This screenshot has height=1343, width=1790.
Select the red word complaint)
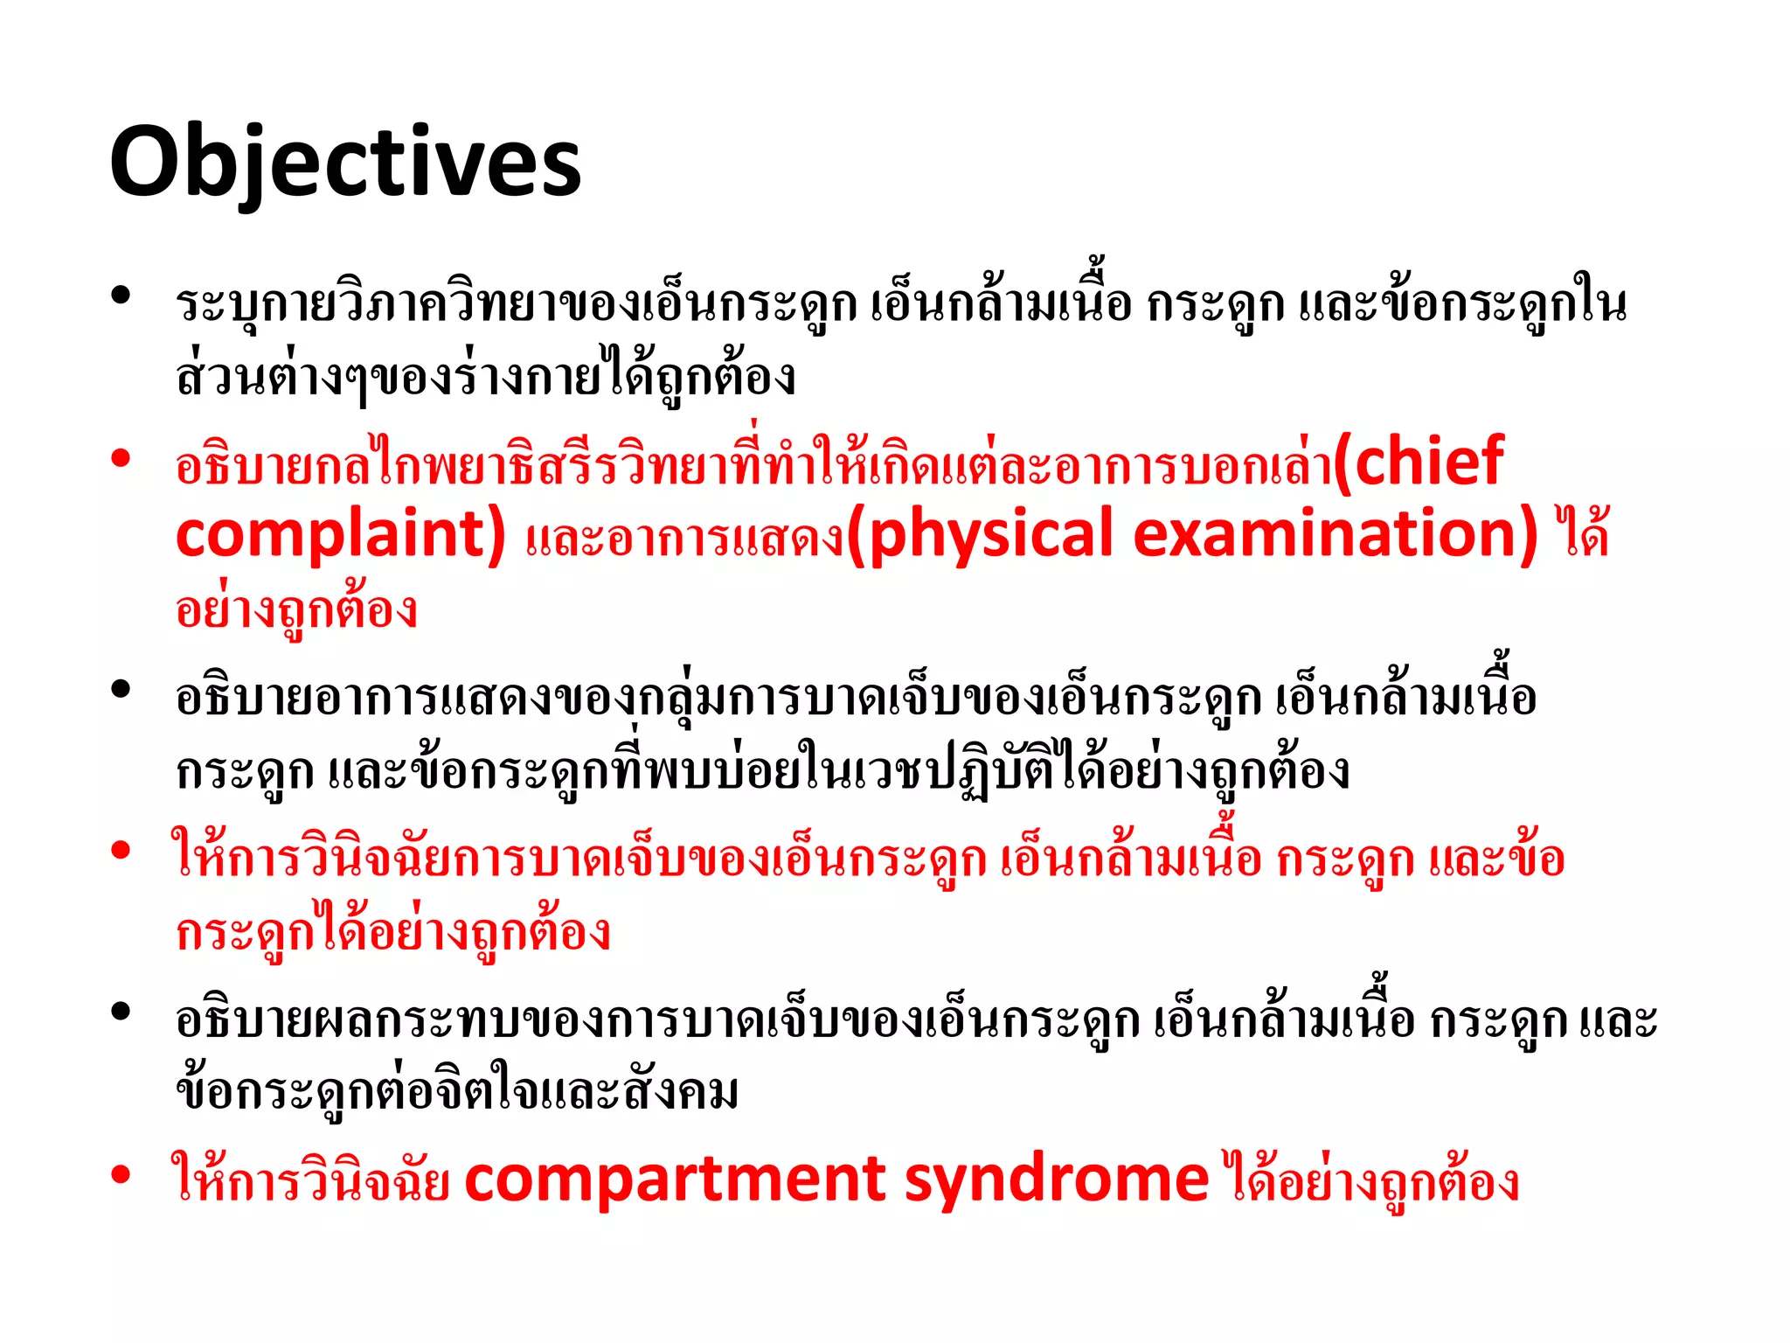click(x=341, y=535)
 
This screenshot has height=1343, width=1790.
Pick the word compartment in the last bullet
click(x=675, y=1180)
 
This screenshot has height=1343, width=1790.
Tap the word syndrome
click(x=1056, y=1180)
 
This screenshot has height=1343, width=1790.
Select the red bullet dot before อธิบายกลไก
click(x=121, y=457)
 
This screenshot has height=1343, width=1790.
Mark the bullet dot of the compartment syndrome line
click(x=121, y=1174)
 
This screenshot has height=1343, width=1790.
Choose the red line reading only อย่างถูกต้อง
click(x=296, y=609)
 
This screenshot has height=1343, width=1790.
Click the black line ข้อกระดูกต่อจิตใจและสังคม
click(x=457, y=1091)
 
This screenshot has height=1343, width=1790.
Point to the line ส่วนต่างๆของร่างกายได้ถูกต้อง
click(x=485, y=376)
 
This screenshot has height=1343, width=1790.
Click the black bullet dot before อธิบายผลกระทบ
click(x=121, y=1012)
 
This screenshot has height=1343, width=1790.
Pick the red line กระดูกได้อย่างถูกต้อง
click(x=392, y=932)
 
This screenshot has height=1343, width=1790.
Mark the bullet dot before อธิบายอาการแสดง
click(x=121, y=690)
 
